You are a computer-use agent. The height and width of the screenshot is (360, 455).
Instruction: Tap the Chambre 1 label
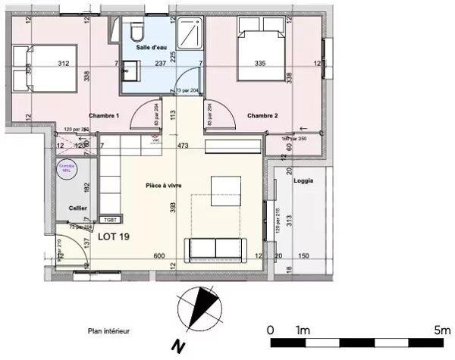pos(104,116)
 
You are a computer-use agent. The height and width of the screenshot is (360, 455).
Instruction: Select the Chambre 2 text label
pos(262,115)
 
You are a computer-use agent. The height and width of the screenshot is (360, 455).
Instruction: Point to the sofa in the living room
pos(217,248)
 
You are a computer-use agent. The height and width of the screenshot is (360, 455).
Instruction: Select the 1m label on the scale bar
pos(304,330)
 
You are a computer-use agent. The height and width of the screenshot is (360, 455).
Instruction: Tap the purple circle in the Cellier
pos(65,170)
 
